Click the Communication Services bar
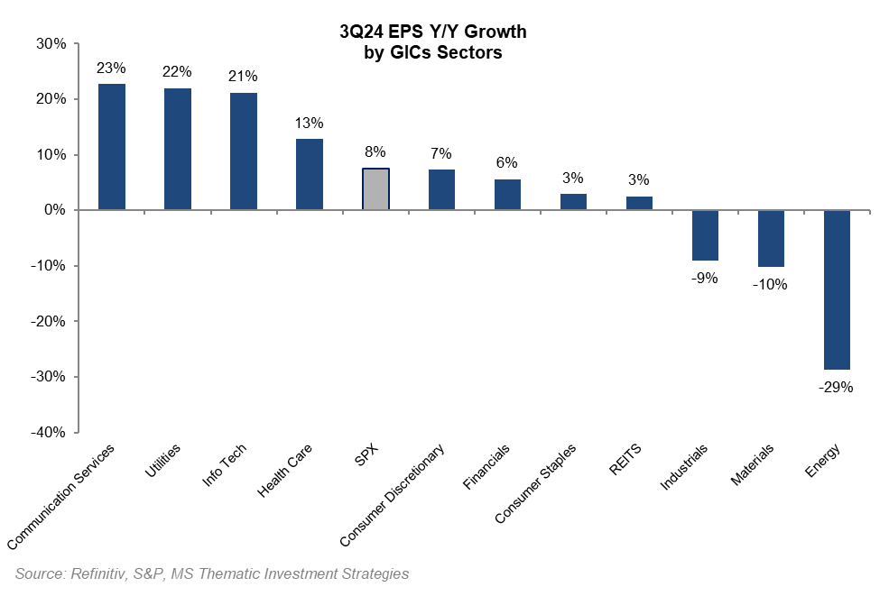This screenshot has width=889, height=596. click(x=112, y=147)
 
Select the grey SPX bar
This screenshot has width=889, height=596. click(x=375, y=189)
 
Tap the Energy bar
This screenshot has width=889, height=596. click(x=837, y=289)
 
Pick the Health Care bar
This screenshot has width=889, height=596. click(x=310, y=174)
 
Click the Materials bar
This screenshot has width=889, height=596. click(x=771, y=238)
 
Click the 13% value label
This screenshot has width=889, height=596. click(x=310, y=123)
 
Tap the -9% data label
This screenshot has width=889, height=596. click(x=704, y=279)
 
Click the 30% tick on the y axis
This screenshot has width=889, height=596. click(x=51, y=43)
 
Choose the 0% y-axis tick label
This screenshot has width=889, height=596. click(x=55, y=210)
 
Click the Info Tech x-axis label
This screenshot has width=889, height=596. click(x=226, y=464)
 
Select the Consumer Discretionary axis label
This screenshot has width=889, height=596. click(x=394, y=495)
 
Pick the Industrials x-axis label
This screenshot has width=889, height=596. click(x=685, y=467)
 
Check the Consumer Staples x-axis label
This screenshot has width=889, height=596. click(x=536, y=483)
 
